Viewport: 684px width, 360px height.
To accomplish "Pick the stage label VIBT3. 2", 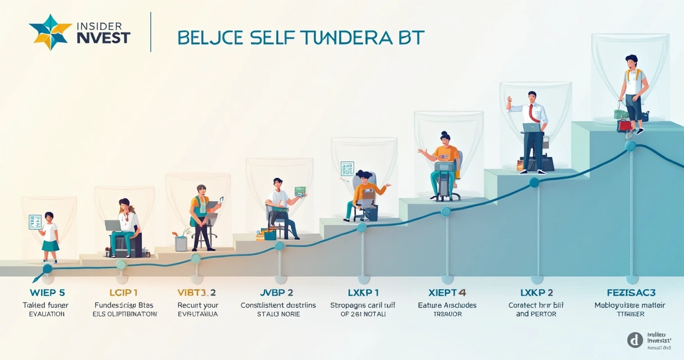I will [x=197, y=292].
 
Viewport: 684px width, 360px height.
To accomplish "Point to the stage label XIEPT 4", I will [x=447, y=292].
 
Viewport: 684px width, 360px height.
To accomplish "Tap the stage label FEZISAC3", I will [x=629, y=292].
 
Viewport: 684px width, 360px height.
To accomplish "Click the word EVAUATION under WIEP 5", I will [x=47, y=314].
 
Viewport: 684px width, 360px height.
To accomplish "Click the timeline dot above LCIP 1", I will [x=121, y=264].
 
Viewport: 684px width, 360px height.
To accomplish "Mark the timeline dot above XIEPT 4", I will [x=446, y=211].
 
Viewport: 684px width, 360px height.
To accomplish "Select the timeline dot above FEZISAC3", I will [x=631, y=146].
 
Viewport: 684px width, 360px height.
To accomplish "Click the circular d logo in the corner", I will [x=635, y=339].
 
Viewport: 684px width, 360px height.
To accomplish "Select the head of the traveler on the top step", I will [x=631, y=60].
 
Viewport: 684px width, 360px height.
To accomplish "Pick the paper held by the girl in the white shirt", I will [x=35, y=220].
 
